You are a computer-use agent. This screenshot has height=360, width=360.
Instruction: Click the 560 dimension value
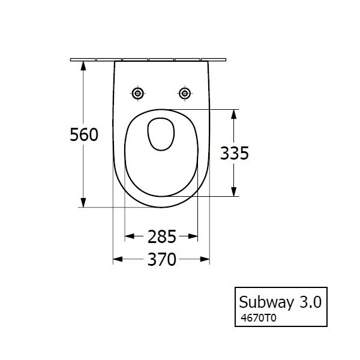click(84, 134)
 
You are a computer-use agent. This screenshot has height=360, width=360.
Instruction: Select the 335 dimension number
click(235, 153)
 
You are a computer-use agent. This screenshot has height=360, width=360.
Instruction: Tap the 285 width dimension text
click(161, 237)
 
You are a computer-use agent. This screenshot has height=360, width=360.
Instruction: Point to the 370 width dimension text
click(161, 259)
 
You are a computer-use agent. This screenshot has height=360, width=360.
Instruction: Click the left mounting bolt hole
click(138, 94)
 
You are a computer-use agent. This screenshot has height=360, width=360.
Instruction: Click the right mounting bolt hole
click(185, 94)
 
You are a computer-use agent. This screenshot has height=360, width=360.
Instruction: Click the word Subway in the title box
click(266, 302)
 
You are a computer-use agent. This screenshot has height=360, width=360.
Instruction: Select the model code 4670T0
click(258, 318)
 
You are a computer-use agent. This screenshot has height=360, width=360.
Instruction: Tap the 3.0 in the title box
click(310, 302)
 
